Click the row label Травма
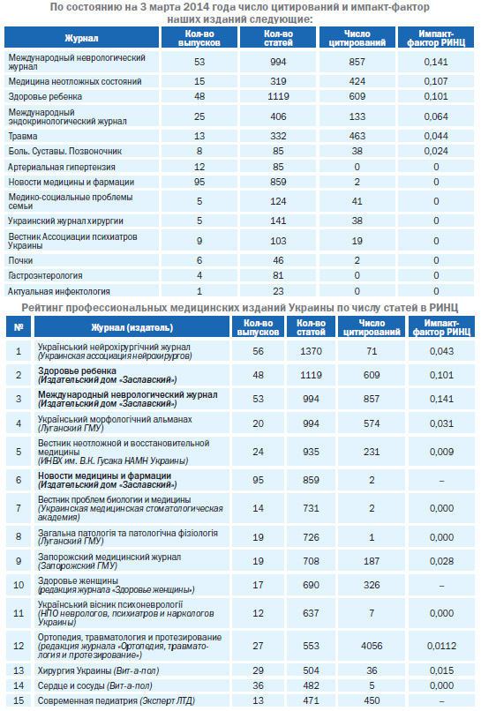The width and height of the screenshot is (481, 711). pos(23,136)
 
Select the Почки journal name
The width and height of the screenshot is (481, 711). pos(20,260)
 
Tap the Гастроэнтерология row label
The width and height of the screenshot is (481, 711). pos(45,276)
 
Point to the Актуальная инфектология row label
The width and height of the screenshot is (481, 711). pos(59,291)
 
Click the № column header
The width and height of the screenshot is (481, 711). pos(19,327)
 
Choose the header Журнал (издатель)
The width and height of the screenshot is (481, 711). pos(132,327)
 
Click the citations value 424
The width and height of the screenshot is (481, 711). pos(357,82)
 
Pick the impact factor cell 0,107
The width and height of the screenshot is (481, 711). pos(436,82)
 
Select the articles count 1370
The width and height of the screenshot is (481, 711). pos(311,351)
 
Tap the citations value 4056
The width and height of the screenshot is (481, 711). pos(372,646)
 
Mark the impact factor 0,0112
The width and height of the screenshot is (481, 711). pos(441,646)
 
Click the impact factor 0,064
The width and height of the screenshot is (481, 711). pos(436,116)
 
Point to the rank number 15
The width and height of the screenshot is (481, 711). pos(19,700)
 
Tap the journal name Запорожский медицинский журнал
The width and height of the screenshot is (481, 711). pos(109,557)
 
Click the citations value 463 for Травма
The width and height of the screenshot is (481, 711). pos(357,136)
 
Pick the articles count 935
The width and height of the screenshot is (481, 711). pos(311,452)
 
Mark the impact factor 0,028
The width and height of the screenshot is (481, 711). pos(441,561)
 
